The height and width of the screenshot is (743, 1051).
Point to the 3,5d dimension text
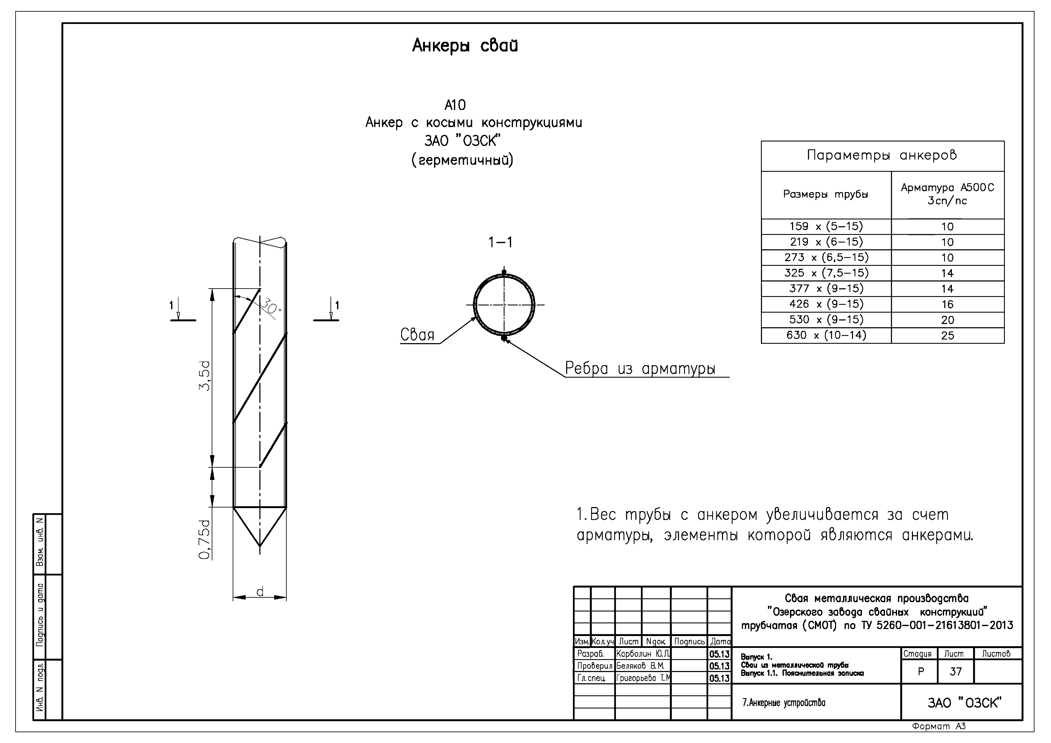[205, 375]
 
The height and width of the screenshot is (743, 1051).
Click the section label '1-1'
[500, 242]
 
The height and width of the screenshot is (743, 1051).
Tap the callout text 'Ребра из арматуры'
[640, 369]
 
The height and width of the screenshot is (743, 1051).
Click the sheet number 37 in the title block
[955, 672]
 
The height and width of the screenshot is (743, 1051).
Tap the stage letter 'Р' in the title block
[921, 672]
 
